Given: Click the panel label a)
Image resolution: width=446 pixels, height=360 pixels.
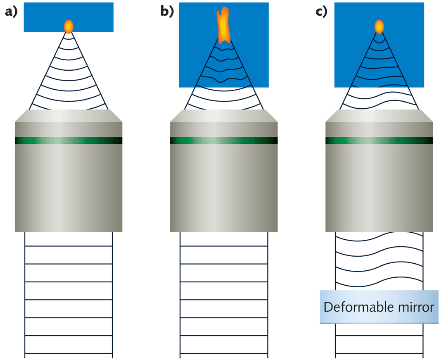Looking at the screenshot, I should coord(11,12).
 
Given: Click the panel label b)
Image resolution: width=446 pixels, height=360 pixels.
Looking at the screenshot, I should coord(167,12).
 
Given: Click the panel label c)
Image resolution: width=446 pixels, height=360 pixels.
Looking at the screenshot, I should coord(322,12).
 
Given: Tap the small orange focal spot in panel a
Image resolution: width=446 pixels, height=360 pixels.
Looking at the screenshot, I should coord(69,26).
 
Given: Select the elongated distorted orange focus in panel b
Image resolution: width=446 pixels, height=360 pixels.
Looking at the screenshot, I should coord(223,26).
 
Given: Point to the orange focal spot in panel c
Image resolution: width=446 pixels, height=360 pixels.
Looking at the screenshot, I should coord(379,26).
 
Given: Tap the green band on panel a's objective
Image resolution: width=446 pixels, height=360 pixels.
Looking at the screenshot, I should coord(69,141).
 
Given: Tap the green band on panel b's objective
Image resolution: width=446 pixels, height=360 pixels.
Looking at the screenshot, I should coord(224,141).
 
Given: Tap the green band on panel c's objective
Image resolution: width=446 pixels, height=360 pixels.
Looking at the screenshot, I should coord(379,141).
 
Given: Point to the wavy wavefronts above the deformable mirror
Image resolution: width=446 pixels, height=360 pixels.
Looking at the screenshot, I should coord(379,260).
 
